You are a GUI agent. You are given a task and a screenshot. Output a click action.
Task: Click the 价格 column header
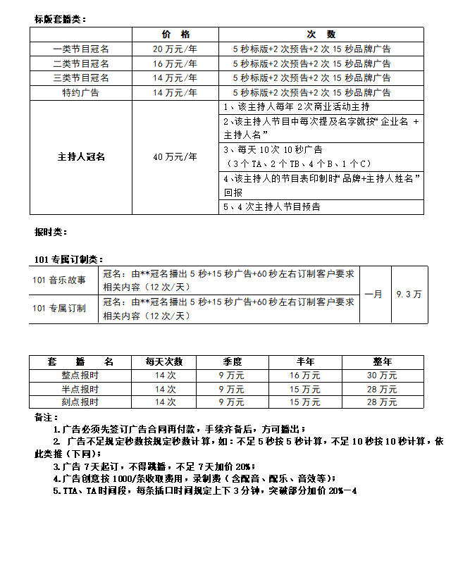pyautogui.click(x=175, y=35)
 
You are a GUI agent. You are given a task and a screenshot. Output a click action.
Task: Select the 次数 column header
pyautogui.click(x=321, y=35)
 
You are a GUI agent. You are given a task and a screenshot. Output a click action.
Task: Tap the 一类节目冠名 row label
pyautogui.click(x=81, y=49)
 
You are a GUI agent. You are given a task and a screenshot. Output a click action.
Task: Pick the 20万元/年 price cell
pyautogui.click(x=175, y=49)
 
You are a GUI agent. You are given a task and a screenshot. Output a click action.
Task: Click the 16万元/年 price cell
pyautogui.click(x=175, y=63)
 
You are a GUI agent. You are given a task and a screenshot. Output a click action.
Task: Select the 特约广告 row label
pyautogui.click(x=81, y=92)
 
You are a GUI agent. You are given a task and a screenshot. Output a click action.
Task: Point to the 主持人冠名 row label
pyautogui.click(x=81, y=157)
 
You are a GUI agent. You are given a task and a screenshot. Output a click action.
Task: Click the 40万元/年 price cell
pyautogui.click(x=175, y=157)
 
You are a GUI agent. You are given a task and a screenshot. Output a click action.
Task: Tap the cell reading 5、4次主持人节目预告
pyautogui.click(x=271, y=206)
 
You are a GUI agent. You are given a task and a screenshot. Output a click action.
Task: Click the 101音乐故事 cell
pyautogui.click(x=59, y=280)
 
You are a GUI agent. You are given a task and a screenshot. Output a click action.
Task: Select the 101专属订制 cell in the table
pyautogui.click(x=59, y=308)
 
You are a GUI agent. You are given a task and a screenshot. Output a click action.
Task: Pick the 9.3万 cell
pyautogui.click(x=409, y=294)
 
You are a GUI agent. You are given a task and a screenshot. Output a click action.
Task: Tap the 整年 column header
pyautogui.click(x=383, y=361)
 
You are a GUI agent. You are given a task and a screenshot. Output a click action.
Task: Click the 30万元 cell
pyautogui.click(x=383, y=375)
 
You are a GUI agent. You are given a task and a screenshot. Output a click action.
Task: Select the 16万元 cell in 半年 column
pyautogui.click(x=304, y=375)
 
